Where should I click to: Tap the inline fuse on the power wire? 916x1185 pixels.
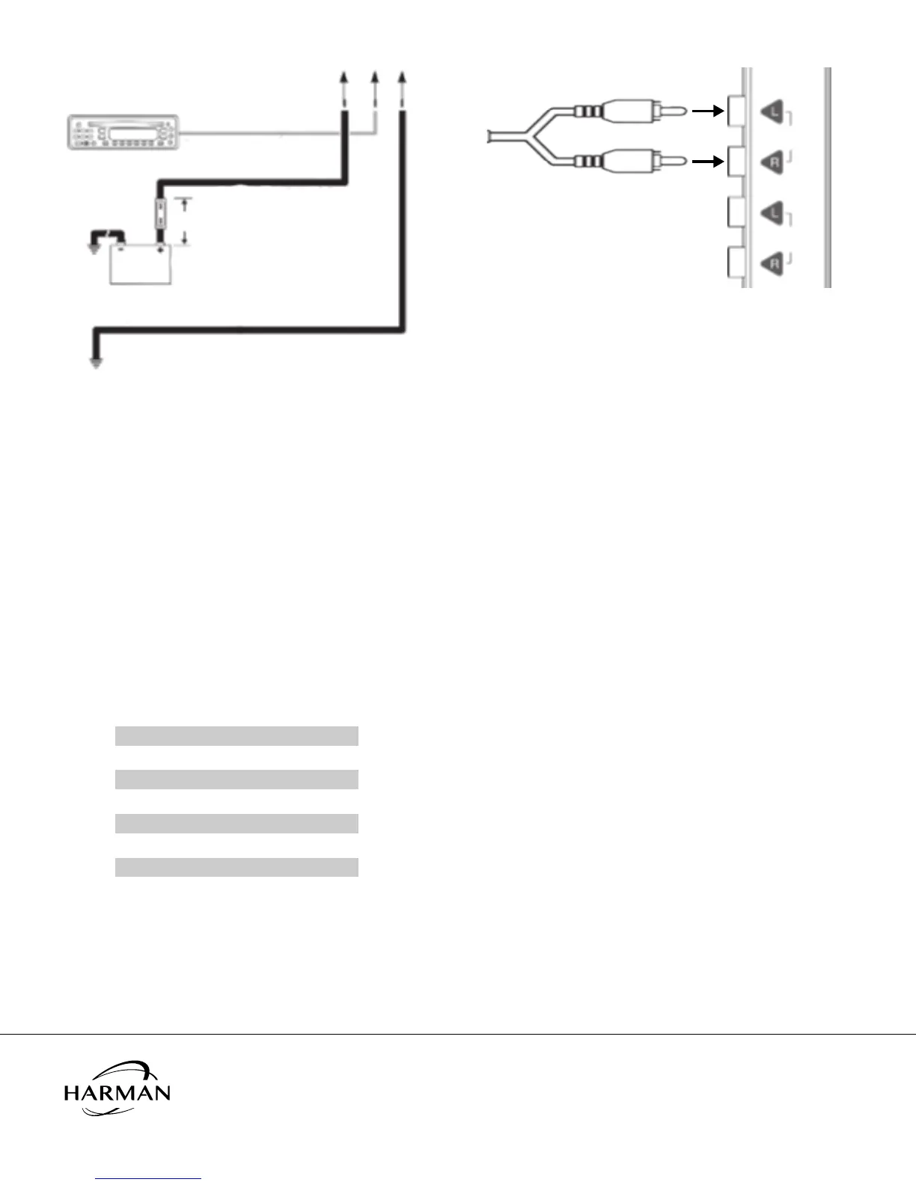160,214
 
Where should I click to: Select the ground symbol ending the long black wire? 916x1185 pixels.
96,364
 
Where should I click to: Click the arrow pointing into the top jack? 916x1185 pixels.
707,112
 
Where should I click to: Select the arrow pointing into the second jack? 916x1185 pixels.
707,160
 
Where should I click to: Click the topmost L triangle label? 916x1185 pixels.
773,113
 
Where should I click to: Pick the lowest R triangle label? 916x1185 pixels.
773,263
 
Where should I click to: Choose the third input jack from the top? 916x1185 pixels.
734,212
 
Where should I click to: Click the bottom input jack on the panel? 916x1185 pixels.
734,263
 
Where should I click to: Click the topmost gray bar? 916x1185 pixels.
236,735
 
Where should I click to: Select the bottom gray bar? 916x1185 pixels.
236,867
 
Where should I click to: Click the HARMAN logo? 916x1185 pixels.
117,1088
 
